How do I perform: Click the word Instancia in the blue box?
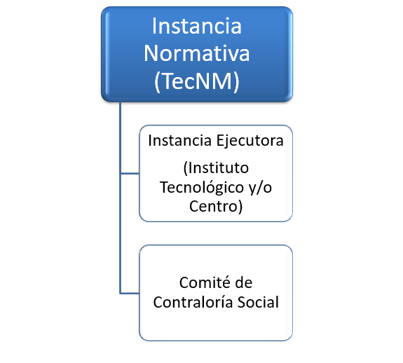[197, 26]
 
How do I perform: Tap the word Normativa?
[197, 53]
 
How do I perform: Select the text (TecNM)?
[197, 81]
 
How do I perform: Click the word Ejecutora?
[250, 141]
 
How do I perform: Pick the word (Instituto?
[216, 168]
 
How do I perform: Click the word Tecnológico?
[202, 188]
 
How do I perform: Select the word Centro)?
[216, 206]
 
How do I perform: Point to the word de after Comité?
[244, 282]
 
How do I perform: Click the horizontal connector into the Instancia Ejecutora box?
[130, 174]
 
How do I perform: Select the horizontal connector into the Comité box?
[130, 293]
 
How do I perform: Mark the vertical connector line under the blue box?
[120, 198]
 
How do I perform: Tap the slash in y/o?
[260, 188]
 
